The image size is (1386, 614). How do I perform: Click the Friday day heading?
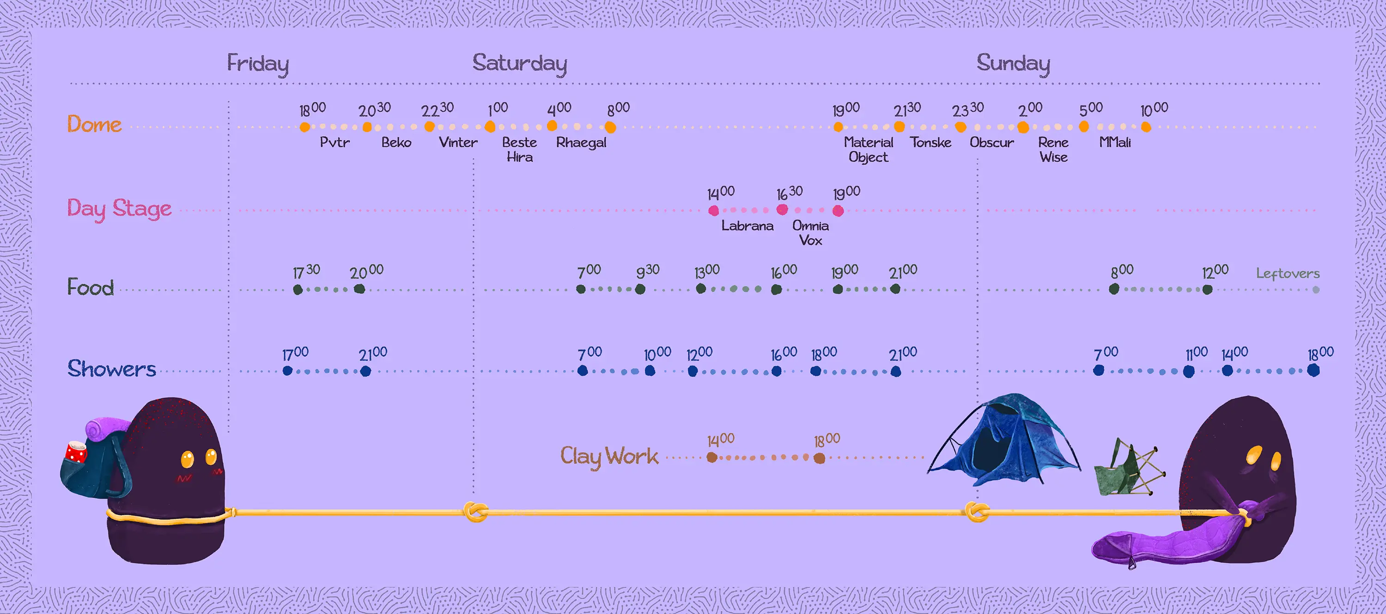coord(258,63)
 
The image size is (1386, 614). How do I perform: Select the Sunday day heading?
coord(1013,63)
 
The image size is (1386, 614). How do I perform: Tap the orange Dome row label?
coord(94,124)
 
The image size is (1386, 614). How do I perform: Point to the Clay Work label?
coord(609,456)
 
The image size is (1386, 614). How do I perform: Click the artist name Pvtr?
coord(334,143)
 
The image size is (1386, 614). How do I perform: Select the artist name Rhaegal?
coord(581,143)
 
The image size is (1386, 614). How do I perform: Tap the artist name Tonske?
coord(930,143)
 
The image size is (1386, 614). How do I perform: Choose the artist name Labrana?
coord(748,226)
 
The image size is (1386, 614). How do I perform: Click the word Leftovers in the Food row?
coord(1288,274)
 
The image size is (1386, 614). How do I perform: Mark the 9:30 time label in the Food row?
coord(647,271)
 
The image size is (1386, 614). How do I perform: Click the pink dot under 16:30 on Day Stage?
coord(782,209)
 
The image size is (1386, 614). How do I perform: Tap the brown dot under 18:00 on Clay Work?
coord(819,458)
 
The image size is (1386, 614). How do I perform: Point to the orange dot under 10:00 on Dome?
coord(1146,127)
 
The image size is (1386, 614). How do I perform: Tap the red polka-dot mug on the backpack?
coord(76,452)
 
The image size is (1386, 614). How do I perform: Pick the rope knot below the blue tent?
coord(976,512)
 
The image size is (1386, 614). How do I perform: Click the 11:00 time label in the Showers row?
coord(1197,354)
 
